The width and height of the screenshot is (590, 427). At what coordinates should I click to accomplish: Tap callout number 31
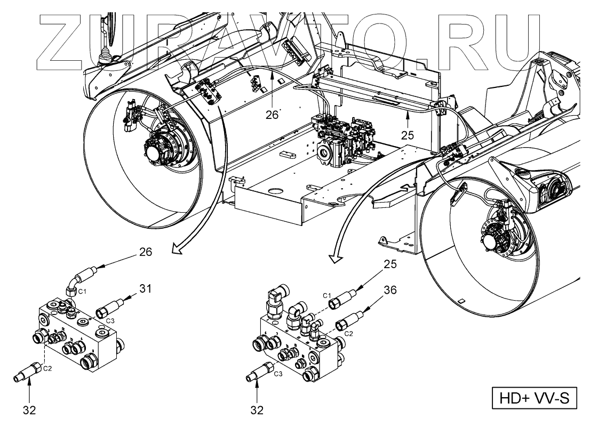click(146, 289)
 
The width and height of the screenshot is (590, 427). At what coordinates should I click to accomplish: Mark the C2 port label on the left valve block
click(47, 368)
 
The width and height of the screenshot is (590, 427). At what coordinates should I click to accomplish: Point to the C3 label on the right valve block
click(277, 374)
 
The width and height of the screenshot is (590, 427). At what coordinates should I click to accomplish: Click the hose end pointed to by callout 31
click(109, 308)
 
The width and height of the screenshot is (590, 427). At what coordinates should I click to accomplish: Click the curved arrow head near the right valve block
click(334, 259)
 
